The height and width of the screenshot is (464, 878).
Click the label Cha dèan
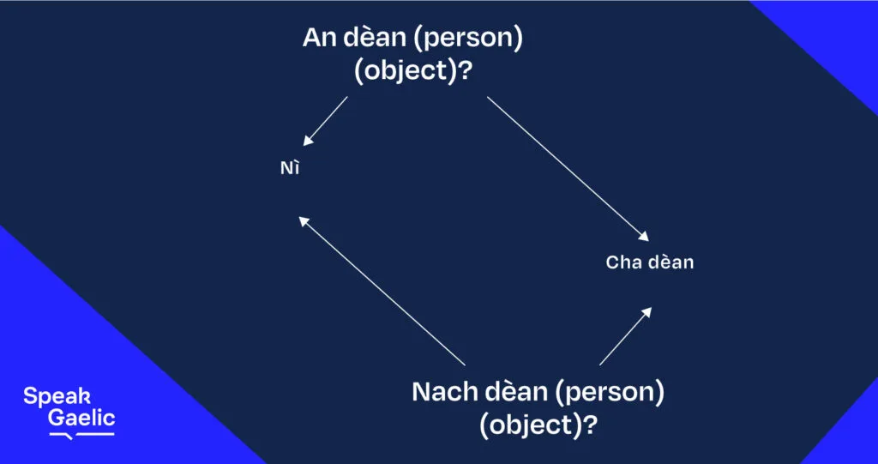649,262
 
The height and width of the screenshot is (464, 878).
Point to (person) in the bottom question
610,393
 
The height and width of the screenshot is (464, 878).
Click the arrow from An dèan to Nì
326,120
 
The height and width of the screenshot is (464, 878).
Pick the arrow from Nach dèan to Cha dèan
625,336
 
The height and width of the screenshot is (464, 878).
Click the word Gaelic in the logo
81,419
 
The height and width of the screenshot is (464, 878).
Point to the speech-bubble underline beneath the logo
81,435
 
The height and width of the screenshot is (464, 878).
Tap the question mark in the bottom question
592,425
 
